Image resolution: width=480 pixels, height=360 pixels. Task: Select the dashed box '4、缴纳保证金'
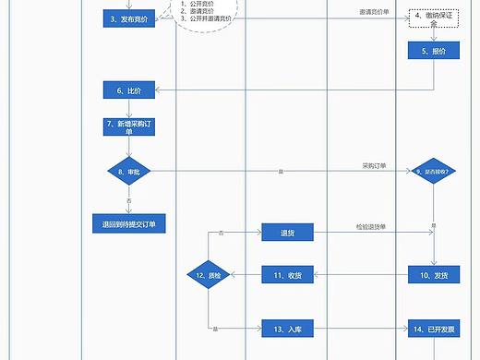tap(433, 20)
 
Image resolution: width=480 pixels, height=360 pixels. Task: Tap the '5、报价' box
tap(433, 53)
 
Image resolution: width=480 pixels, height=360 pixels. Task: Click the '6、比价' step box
tap(128, 90)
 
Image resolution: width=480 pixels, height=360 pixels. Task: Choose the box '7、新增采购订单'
tap(128, 127)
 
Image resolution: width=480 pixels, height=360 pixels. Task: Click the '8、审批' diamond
tap(128, 171)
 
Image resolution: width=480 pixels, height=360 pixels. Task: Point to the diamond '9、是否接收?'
tap(433, 171)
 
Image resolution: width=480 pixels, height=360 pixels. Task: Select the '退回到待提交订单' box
tap(128, 224)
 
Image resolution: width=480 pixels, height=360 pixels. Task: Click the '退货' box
tap(287, 234)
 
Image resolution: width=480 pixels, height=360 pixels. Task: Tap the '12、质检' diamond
tap(208, 274)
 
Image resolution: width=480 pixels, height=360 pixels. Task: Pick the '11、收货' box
tap(287, 274)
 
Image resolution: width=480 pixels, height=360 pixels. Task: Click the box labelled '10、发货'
tap(433, 274)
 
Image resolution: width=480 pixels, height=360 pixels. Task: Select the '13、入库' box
tap(287, 329)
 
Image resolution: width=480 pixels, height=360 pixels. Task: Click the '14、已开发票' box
tap(433, 329)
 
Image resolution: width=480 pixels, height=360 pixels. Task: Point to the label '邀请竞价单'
tap(372, 13)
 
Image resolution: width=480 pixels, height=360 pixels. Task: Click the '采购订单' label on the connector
tap(374, 166)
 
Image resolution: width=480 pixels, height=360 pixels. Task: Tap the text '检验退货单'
tap(372, 226)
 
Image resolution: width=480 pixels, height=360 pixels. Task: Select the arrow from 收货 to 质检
tap(246, 274)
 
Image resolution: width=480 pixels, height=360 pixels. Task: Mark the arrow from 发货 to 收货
tap(361, 274)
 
